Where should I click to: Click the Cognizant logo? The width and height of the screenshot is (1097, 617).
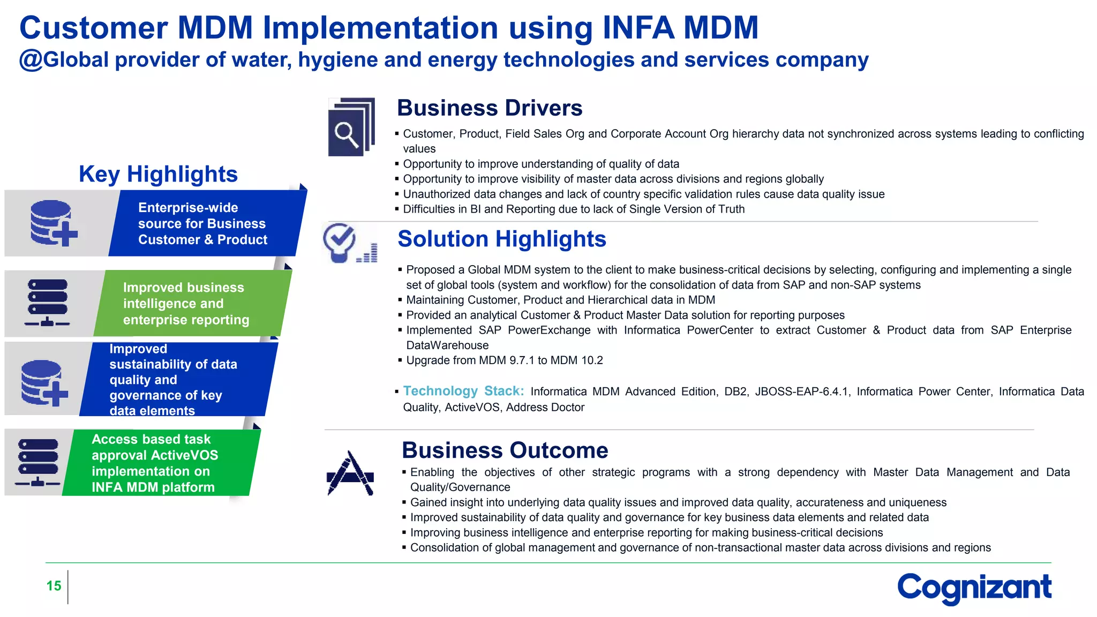pos(974,588)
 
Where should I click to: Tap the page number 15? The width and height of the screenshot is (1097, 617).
pos(54,586)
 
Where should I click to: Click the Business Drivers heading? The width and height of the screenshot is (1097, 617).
pos(489,108)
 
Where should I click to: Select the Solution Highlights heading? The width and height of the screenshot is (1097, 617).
pos(501,239)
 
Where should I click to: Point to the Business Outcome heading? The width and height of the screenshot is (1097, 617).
pos(505,450)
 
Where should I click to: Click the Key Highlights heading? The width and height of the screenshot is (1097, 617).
pos(158,174)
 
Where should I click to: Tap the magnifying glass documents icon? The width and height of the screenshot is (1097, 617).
pos(351,127)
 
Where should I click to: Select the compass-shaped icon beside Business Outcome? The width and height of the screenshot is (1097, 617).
pos(350,473)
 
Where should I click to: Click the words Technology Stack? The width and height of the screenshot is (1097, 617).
pos(463,391)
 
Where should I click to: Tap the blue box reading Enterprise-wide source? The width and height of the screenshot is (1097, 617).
pos(206,223)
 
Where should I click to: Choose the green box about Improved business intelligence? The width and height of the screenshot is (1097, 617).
pos(190,304)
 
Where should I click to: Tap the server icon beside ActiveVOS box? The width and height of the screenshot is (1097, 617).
pos(38,462)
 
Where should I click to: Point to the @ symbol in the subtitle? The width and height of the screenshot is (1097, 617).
pos(31,60)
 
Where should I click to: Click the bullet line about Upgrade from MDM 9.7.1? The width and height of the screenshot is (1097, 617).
pos(504,360)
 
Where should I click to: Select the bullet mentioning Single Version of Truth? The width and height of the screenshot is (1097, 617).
pos(573,209)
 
